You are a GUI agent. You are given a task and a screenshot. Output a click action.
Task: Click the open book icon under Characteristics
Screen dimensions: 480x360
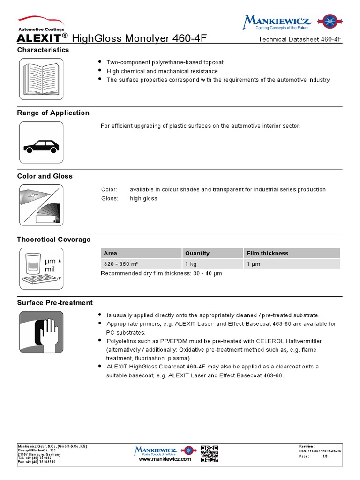point(41,79)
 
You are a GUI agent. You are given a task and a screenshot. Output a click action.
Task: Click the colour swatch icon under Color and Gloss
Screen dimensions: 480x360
point(41,205)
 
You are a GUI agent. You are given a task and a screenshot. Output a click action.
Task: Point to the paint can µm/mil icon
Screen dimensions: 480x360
point(41,269)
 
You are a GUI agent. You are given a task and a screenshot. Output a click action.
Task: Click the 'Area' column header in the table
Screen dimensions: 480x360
point(111,253)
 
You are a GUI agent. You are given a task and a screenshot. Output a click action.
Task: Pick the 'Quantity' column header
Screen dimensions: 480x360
point(197,253)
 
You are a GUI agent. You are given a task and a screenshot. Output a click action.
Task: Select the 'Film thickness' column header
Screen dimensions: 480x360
point(268,253)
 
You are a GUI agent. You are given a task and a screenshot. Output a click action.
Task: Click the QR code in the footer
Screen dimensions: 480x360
point(210,453)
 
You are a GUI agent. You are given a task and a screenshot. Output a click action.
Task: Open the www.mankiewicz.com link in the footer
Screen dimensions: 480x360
point(165,459)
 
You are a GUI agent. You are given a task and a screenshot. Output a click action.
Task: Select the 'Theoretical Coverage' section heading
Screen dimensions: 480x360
point(54,240)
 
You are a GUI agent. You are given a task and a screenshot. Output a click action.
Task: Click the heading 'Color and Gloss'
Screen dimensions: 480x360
point(45,176)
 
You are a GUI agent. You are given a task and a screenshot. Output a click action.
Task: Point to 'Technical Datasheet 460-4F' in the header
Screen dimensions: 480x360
point(300,39)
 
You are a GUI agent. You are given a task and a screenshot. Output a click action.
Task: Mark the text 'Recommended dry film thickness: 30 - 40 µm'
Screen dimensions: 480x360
point(161,274)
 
